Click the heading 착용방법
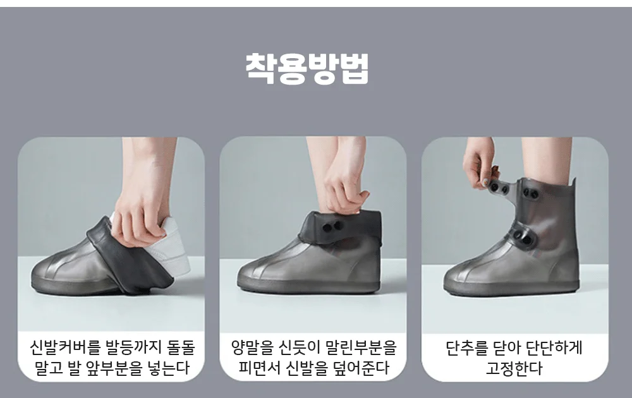307,68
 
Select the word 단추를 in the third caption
466,348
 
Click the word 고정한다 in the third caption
514,368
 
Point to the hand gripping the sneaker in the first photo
141,210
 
